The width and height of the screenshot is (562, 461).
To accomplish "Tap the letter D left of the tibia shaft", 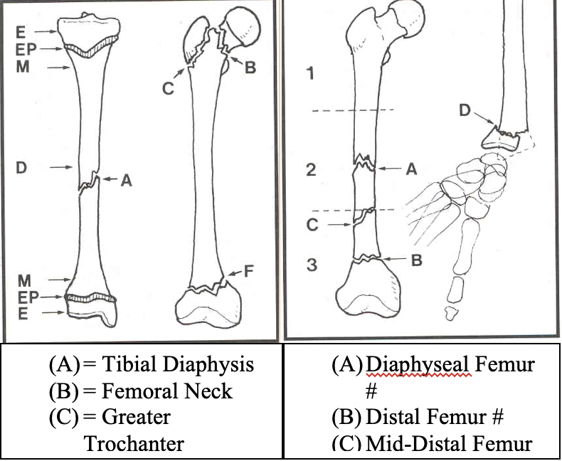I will click(21, 168).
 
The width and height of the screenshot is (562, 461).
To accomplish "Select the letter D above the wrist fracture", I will click(464, 110).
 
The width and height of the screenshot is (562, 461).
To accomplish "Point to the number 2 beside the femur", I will click(309, 170).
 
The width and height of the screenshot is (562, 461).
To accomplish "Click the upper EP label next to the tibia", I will click(28, 48).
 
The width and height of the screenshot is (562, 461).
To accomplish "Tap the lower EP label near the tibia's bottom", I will click(28, 297).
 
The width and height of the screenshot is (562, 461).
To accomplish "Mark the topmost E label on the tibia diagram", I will click(23, 31).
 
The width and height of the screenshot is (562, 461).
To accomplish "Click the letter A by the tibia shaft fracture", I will click(125, 181).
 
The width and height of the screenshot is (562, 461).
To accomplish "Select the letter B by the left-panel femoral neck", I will click(249, 69).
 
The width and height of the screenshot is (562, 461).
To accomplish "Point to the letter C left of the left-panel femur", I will click(168, 89).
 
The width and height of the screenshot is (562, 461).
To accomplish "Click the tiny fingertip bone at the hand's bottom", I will click(449, 312).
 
